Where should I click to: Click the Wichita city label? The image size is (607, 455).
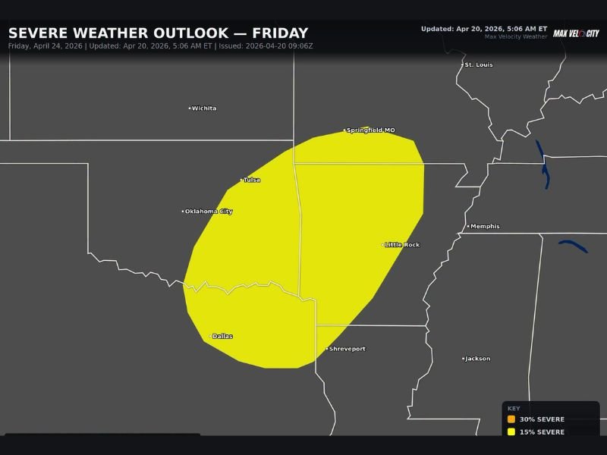tap(204, 108)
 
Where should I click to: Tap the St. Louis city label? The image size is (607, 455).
tap(479, 65)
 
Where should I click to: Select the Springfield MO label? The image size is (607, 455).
tap(371, 130)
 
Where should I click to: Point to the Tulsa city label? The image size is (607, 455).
tap(252, 180)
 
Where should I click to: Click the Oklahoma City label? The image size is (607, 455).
tap(209, 212)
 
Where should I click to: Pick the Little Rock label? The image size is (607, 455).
tap(402, 245)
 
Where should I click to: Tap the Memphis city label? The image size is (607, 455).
tap(485, 227)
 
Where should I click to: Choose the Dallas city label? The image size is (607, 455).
tap(222, 337)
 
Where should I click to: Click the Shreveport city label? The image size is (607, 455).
tap(347, 350)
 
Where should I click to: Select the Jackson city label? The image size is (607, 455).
tap(478, 359)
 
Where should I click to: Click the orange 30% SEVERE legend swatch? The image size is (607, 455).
tap(511, 419)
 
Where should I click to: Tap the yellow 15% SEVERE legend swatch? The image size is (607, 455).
tap(511, 432)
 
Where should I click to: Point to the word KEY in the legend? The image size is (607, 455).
tap(514, 408)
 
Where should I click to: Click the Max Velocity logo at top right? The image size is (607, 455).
tap(575, 33)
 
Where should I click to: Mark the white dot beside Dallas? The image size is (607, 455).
tap(210, 337)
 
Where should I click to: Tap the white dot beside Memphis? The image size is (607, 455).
tap(468, 227)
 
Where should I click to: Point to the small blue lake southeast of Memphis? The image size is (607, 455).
tap(574, 246)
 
